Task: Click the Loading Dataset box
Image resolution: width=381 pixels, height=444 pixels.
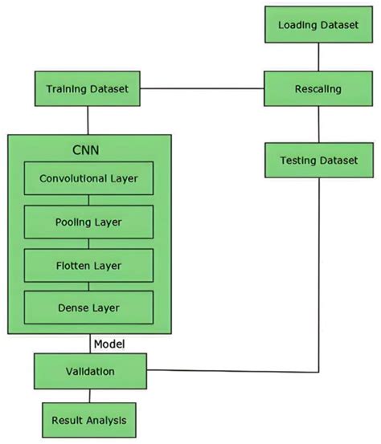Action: (318, 26)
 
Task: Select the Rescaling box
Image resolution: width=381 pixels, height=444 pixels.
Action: (318, 88)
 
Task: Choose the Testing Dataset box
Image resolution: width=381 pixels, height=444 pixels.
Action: (318, 161)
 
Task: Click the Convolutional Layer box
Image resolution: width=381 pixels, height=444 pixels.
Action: (88, 179)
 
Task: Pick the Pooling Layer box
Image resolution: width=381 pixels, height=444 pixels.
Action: (88, 221)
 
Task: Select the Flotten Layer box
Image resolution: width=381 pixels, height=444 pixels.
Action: (88, 263)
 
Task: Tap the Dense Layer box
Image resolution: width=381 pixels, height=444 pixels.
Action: (88, 306)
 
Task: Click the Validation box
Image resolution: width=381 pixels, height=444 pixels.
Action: (88, 371)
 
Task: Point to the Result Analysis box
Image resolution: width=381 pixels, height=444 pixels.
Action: (88, 419)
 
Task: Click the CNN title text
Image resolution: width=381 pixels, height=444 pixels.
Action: (88, 150)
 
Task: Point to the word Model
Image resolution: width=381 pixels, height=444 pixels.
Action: (109, 344)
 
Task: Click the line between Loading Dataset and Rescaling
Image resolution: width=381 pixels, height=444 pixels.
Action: (319, 57)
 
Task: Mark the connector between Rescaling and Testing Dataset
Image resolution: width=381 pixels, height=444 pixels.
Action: (319, 124)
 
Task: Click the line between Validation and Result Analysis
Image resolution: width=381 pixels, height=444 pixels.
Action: (88, 396)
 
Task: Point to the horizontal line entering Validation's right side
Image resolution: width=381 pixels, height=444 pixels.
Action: (233, 371)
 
